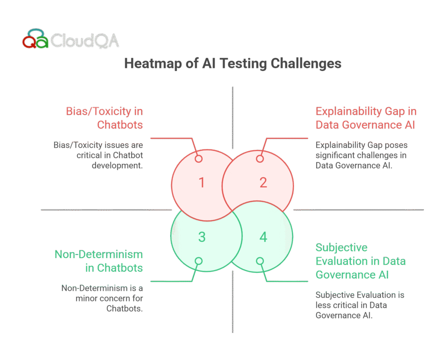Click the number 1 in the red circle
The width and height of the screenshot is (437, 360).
point(202,183)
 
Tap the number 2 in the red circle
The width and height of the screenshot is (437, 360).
point(263,183)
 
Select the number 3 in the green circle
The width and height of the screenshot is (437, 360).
point(202,237)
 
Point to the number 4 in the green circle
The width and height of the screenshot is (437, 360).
point(263,237)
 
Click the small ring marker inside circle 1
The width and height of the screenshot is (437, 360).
point(198,159)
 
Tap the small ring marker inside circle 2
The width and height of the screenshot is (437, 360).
point(260,159)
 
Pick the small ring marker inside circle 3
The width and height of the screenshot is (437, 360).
point(198,261)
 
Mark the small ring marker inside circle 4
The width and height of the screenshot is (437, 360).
point(260,261)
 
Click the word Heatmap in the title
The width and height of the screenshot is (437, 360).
point(153,64)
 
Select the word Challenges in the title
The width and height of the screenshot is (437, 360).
point(306,64)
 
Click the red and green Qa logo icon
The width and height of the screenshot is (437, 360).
point(35,38)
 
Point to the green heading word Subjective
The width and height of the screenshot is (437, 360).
point(341,247)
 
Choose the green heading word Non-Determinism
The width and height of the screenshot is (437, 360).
point(99,255)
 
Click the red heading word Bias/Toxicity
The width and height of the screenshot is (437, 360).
point(99,111)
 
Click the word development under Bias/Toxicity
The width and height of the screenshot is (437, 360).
point(117,166)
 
